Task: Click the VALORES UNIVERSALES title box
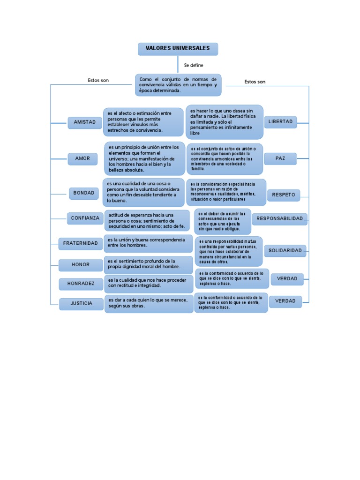click(x=178, y=49)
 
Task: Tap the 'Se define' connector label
click(x=194, y=65)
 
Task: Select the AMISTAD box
click(x=84, y=122)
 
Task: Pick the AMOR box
click(x=82, y=158)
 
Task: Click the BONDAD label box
click(x=83, y=193)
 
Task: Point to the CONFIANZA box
click(x=85, y=218)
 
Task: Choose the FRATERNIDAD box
click(x=81, y=243)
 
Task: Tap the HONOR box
click(x=80, y=265)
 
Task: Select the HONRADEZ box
click(x=80, y=284)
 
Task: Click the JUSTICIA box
click(x=82, y=304)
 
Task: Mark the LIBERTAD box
click(x=280, y=122)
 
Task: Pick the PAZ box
click(x=280, y=159)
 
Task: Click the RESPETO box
click(x=284, y=195)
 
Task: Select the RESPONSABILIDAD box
click(x=280, y=219)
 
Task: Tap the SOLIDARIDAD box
click(x=285, y=251)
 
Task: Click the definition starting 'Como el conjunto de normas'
click(x=178, y=85)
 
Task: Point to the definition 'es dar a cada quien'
click(x=148, y=303)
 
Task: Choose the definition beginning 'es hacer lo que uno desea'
click(x=224, y=122)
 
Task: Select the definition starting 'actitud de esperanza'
click(x=148, y=221)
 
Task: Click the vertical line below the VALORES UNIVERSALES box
click(x=178, y=64)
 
